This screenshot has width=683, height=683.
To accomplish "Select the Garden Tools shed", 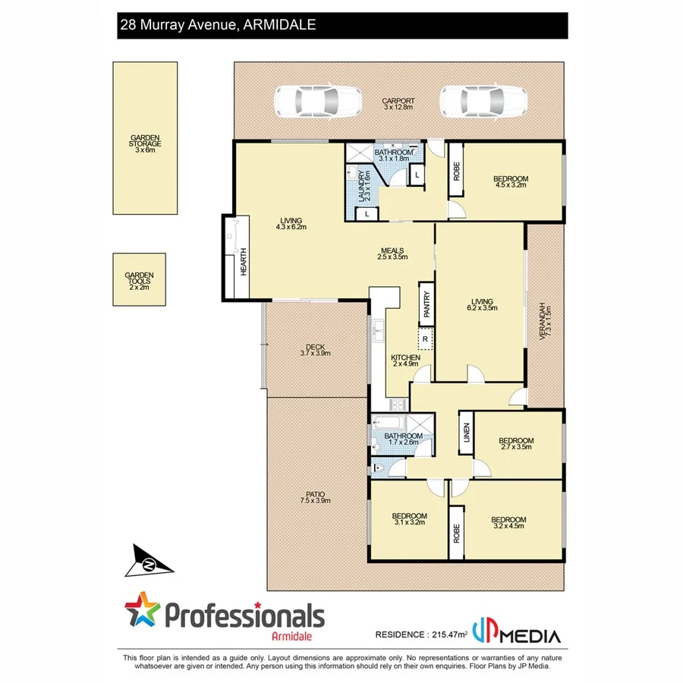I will (x=139, y=279).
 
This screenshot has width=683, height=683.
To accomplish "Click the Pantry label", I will (x=426, y=304).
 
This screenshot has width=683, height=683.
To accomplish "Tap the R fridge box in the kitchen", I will (x=426, y=339).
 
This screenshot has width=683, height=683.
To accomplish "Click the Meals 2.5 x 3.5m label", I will (x=393, y=253).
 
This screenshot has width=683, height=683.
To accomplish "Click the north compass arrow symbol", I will (x=150, y=563).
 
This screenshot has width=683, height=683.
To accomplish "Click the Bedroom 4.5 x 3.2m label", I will (x=511, y=182).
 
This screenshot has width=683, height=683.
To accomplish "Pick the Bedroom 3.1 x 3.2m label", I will (x=410, y=518).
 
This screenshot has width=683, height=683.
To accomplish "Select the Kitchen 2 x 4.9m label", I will (x=406, y=360).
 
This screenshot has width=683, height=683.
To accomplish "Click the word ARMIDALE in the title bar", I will (x=280, y=25).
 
